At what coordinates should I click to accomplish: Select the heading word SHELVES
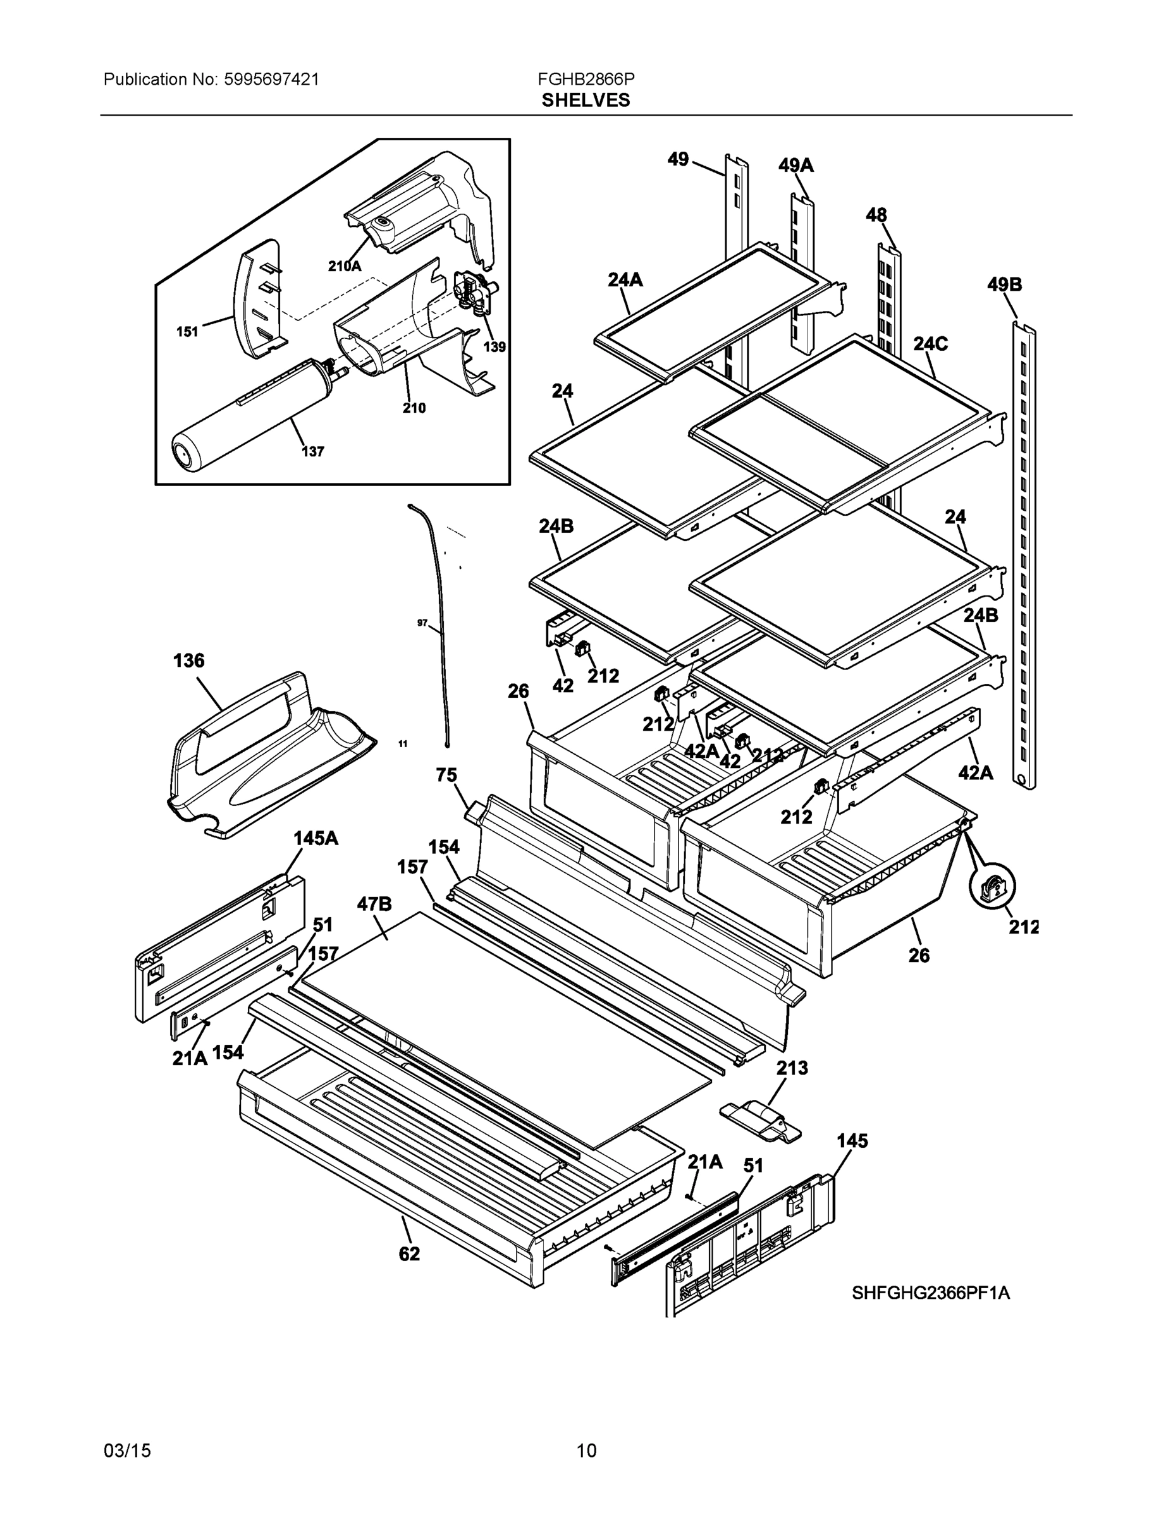click(585, 100)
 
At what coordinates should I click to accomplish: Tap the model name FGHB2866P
click(585, 79)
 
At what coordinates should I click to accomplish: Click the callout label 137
click(313, 451)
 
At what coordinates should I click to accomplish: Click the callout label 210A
click(345, 265)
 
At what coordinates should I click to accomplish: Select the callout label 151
click(187, 332)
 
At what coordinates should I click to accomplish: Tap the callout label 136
click(189, 661)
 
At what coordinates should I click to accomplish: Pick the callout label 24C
click(930, 344)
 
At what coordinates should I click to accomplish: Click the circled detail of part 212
click(992, 887)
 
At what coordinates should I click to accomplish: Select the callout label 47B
click(374, 904)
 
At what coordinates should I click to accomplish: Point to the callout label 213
click(792, 1068)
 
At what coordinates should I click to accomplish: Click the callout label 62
click(409, 1254)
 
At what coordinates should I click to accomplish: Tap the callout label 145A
click(316, 838)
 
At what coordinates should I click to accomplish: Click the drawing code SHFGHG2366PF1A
click(930, 1293)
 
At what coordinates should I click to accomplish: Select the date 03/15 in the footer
click(127, 1451)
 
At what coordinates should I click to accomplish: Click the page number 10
click(586, 1451)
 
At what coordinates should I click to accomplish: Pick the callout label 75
click(446, 775)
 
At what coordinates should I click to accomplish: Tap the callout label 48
click(876, 216)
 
